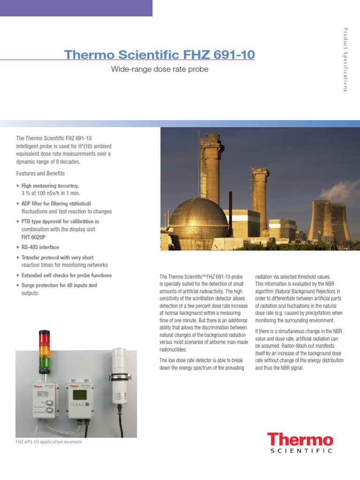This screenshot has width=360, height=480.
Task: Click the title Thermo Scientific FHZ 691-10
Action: (x=159, y=55)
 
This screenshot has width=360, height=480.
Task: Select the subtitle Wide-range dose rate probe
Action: (x=159, y=69)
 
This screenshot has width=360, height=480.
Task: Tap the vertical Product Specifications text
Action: (x=345, y=60)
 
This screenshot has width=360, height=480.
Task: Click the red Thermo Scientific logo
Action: (x=300, y=443)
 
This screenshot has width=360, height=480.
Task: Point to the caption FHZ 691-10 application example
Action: (x=49, y=442)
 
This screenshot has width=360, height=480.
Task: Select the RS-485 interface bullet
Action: (x=40, y=247)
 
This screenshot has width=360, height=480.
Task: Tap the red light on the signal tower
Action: (x=45, y=339)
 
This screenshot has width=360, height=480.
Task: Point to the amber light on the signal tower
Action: (x=45, y=350)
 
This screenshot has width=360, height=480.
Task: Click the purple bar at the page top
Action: (x=76, y=8)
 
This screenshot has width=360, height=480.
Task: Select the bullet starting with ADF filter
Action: (x=66, y=207)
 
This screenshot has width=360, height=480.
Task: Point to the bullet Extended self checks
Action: (x=67, y=275)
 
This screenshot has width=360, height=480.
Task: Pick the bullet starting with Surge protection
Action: (x=59, y=289)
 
